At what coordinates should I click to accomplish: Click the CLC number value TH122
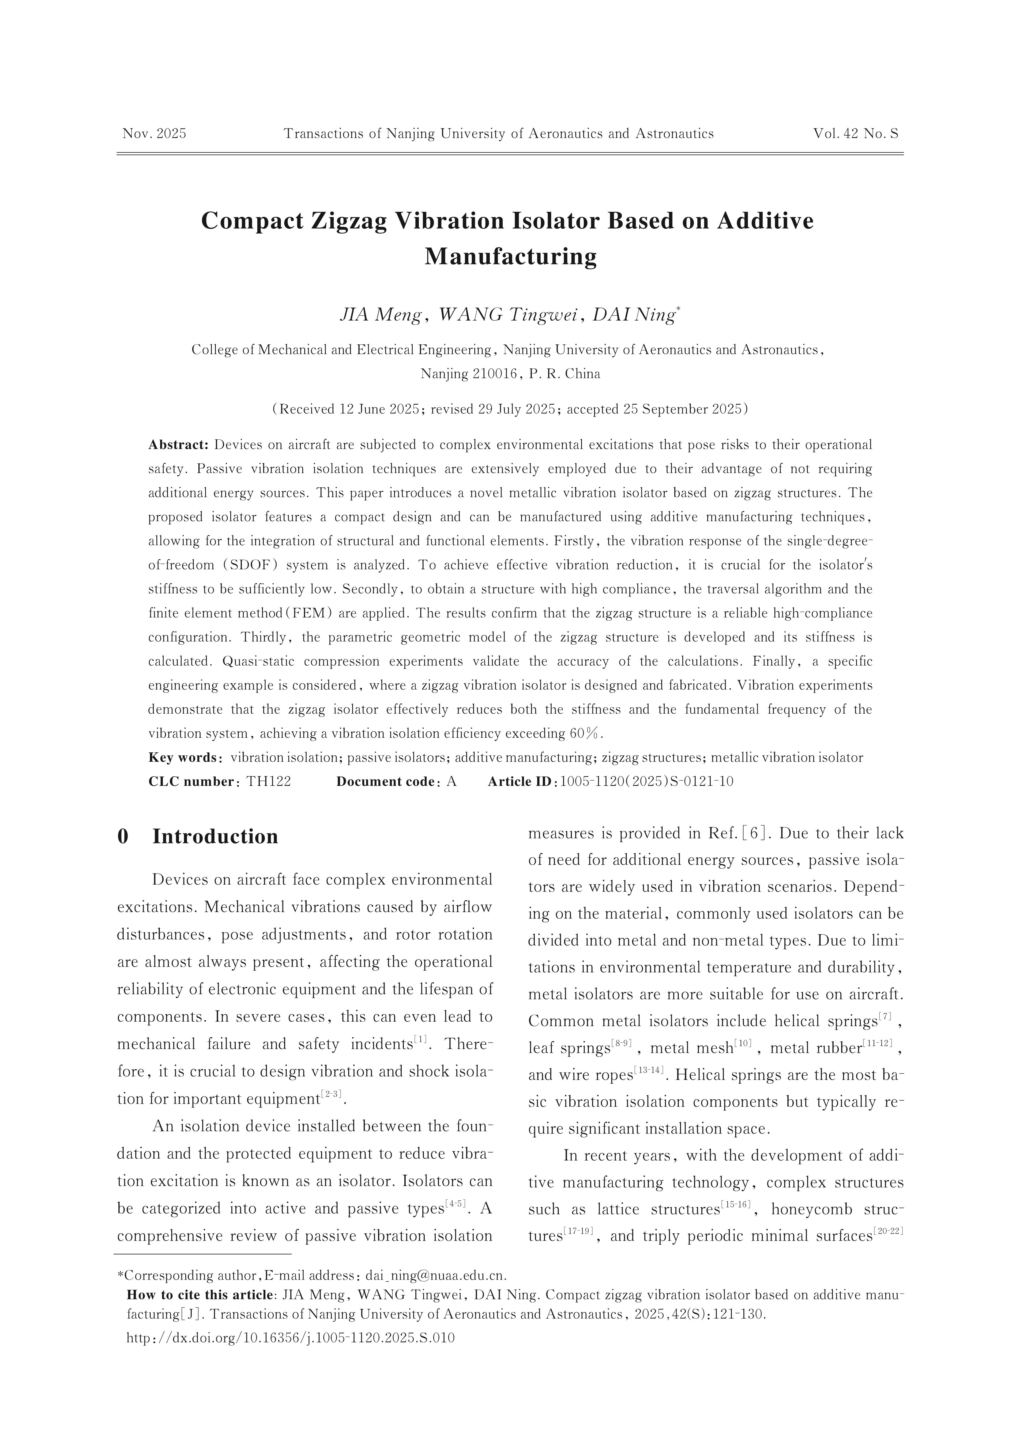click(268, 782)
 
